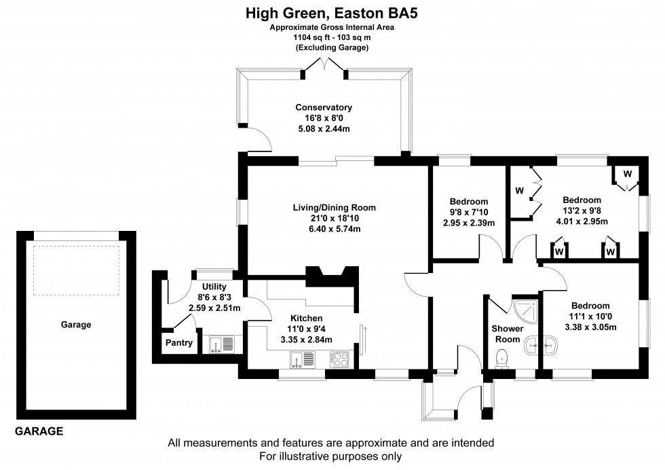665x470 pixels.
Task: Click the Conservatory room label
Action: [x=323, y=107]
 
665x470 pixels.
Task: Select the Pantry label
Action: [x=179, y=343]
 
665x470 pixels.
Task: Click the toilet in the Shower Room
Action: [x=503, y=357]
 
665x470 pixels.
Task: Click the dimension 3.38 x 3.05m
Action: [x=590, y=327]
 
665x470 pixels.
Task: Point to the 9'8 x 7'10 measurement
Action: [x=468, y=213]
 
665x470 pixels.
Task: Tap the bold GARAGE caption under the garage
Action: [x=39, y=431]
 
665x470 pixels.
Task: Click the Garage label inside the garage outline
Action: [x=77, y=325]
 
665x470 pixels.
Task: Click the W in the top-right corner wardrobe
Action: [x=627, y=175]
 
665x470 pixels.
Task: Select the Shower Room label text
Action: [x=507, y=333]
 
